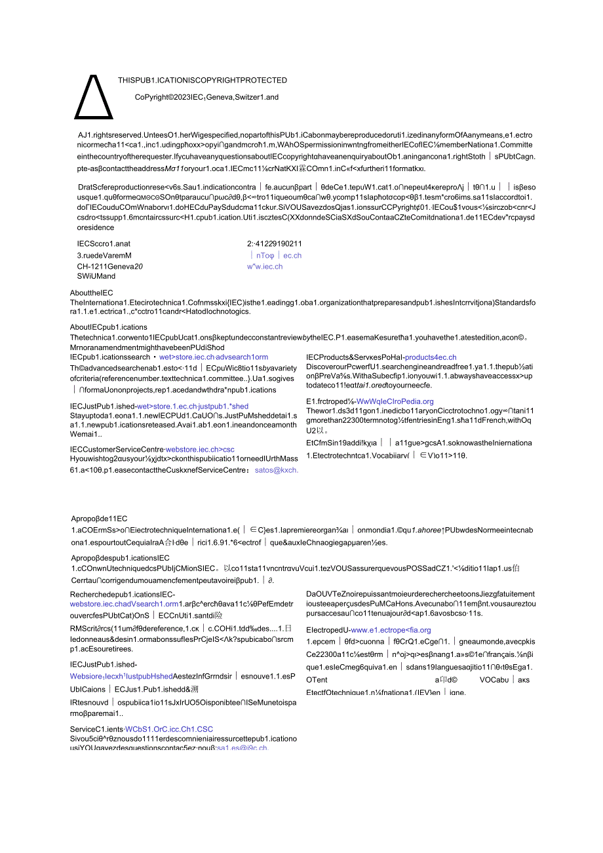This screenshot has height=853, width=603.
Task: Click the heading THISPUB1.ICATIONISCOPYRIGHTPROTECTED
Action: pyautogui.click(x=202, y=81)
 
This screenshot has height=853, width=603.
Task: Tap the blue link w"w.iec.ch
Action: pyautogui.click(x=265, y=267)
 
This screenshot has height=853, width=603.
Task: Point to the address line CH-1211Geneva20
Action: pyautogui.click(x=109, y=267)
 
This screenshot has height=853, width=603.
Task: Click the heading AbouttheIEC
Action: pyautogui.click(x=91, y=293)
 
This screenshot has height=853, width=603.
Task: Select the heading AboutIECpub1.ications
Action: pyautogui.click(x=108, y=327)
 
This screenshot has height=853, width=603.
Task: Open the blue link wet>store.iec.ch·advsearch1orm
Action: pyautogui.click(x=214, y=357)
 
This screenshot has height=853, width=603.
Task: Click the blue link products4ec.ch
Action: pyautogui.click(x=431, y=357)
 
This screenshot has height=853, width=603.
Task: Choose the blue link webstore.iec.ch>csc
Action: pyautogui.click(x=200, y=449)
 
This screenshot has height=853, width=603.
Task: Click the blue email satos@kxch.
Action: pyautogui.click(x=277, y=470)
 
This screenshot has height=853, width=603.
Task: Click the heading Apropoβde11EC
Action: pyautogui.click(x=99, y=519)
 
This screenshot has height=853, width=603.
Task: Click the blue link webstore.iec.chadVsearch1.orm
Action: pyautogui.click(x=125, y=604)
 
